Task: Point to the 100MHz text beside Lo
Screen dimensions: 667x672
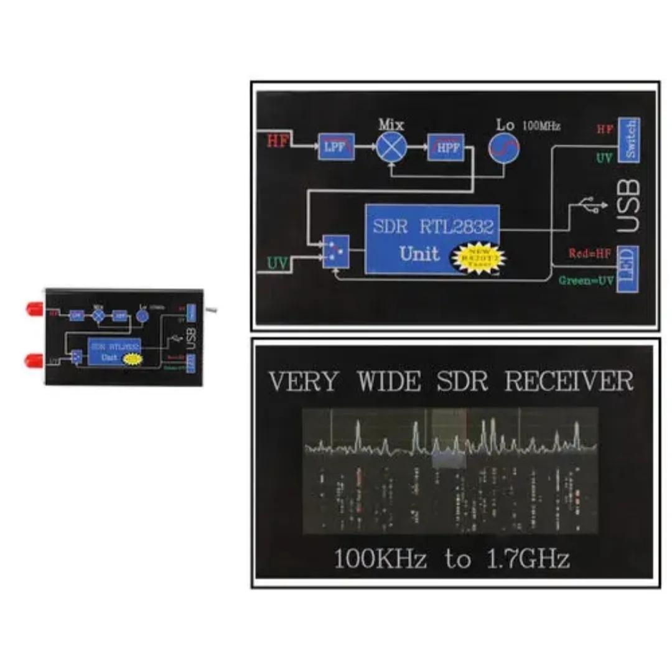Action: click(541, 126)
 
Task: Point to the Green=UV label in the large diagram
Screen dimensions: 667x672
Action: click(586, 281)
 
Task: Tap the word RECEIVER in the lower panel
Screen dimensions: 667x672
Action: click(569, 381)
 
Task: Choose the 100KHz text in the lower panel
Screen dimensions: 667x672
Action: click(381, 559)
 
